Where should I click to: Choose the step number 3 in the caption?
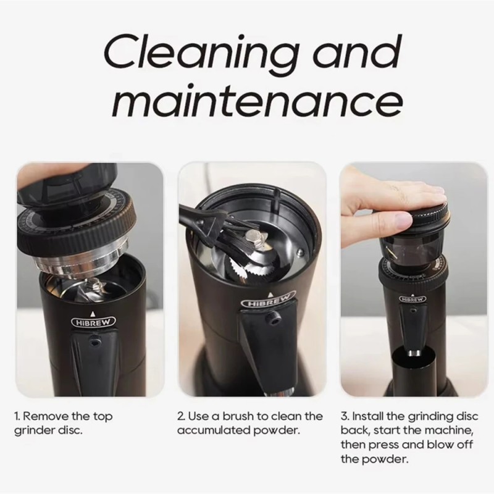point(344,417)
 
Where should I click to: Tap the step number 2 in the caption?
point(180,417)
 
